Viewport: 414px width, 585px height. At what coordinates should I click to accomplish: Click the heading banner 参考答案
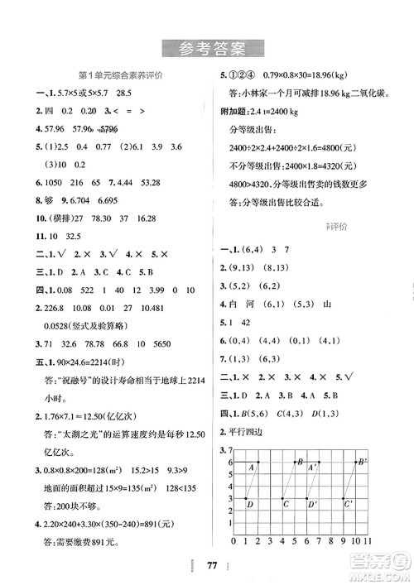point(206,49)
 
